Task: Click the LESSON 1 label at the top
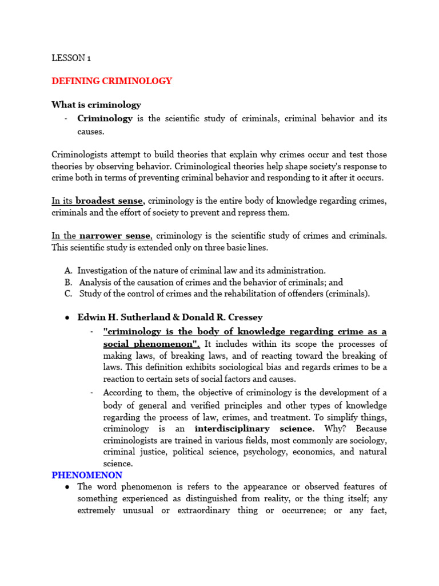pyautogui.click(x=71, y=58)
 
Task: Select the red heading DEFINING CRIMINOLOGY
pyautogui.click(x=111, y=81)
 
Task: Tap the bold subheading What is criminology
pyautogui.click(x=96, y=105)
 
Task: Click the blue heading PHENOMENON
pyautogui.click(x=86, y=475)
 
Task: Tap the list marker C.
pyautogui.click(x=68, y=294)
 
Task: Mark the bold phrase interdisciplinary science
pyautogui.click(x=254, y=429)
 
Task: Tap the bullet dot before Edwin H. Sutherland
pyautogui.click(x=67, y=318)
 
